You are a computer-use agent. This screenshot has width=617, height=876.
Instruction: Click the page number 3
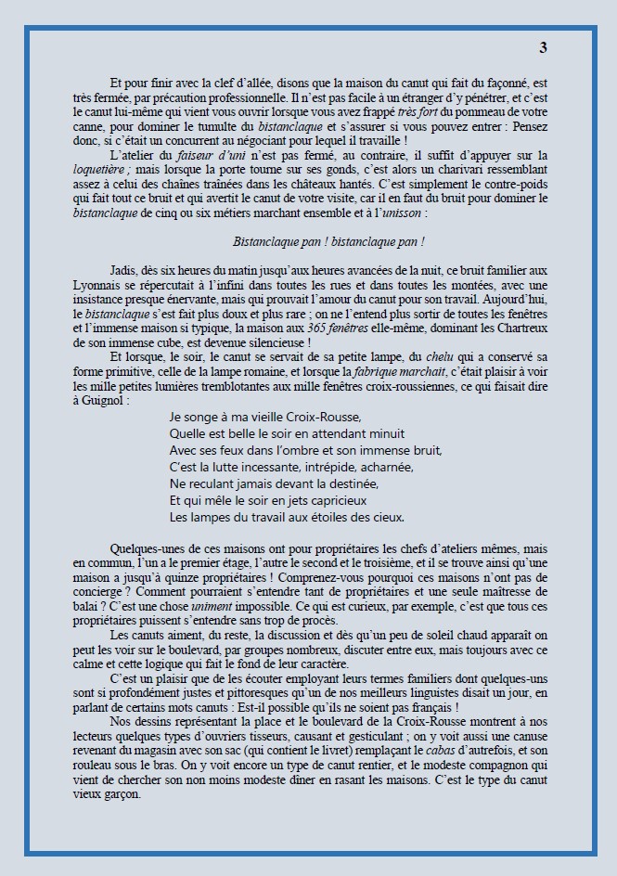[543, 47]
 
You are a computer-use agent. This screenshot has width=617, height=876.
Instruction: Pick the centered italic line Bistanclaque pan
[329, 241]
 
